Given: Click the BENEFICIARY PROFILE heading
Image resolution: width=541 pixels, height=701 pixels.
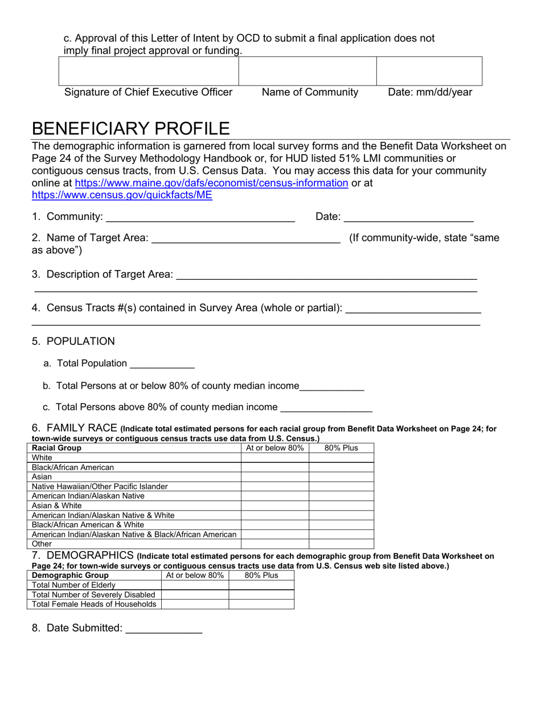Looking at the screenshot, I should pos(131,128).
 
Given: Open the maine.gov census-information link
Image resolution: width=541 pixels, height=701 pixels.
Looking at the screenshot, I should pos(211,183).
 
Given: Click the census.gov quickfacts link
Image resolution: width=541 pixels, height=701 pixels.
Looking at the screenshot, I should pos(122,195).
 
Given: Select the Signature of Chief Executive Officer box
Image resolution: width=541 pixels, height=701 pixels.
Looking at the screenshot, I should pos(149,71).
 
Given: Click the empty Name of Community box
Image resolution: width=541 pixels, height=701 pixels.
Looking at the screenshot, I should pos(308,71).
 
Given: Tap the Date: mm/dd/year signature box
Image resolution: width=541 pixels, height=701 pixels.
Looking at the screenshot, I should pos(429,71).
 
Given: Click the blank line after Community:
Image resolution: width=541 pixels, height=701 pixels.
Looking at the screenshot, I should pos(200,218).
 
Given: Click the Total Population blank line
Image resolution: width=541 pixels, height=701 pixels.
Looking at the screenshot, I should pos(162,365).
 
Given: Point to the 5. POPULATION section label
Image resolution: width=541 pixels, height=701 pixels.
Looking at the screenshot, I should pos(73,341).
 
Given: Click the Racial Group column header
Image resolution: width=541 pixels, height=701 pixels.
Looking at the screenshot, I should pos(56,448).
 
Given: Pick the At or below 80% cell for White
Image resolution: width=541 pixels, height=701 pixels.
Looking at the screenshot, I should pos(275,458).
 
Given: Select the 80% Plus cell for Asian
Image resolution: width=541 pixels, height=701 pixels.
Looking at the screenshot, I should pos(341,477).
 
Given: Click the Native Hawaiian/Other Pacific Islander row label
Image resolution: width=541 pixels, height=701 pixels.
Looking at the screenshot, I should pos(100,487).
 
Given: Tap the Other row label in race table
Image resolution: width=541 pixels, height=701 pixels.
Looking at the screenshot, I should pos(42,544).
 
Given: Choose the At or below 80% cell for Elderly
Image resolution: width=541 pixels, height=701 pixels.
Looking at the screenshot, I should pos(195,585).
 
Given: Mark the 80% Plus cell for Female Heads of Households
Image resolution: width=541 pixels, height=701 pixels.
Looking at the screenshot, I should pos(261,604).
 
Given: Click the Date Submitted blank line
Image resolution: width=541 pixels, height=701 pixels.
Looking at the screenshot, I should pos(163,629).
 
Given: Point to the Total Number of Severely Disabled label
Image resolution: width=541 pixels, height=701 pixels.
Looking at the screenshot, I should pos(93,594).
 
